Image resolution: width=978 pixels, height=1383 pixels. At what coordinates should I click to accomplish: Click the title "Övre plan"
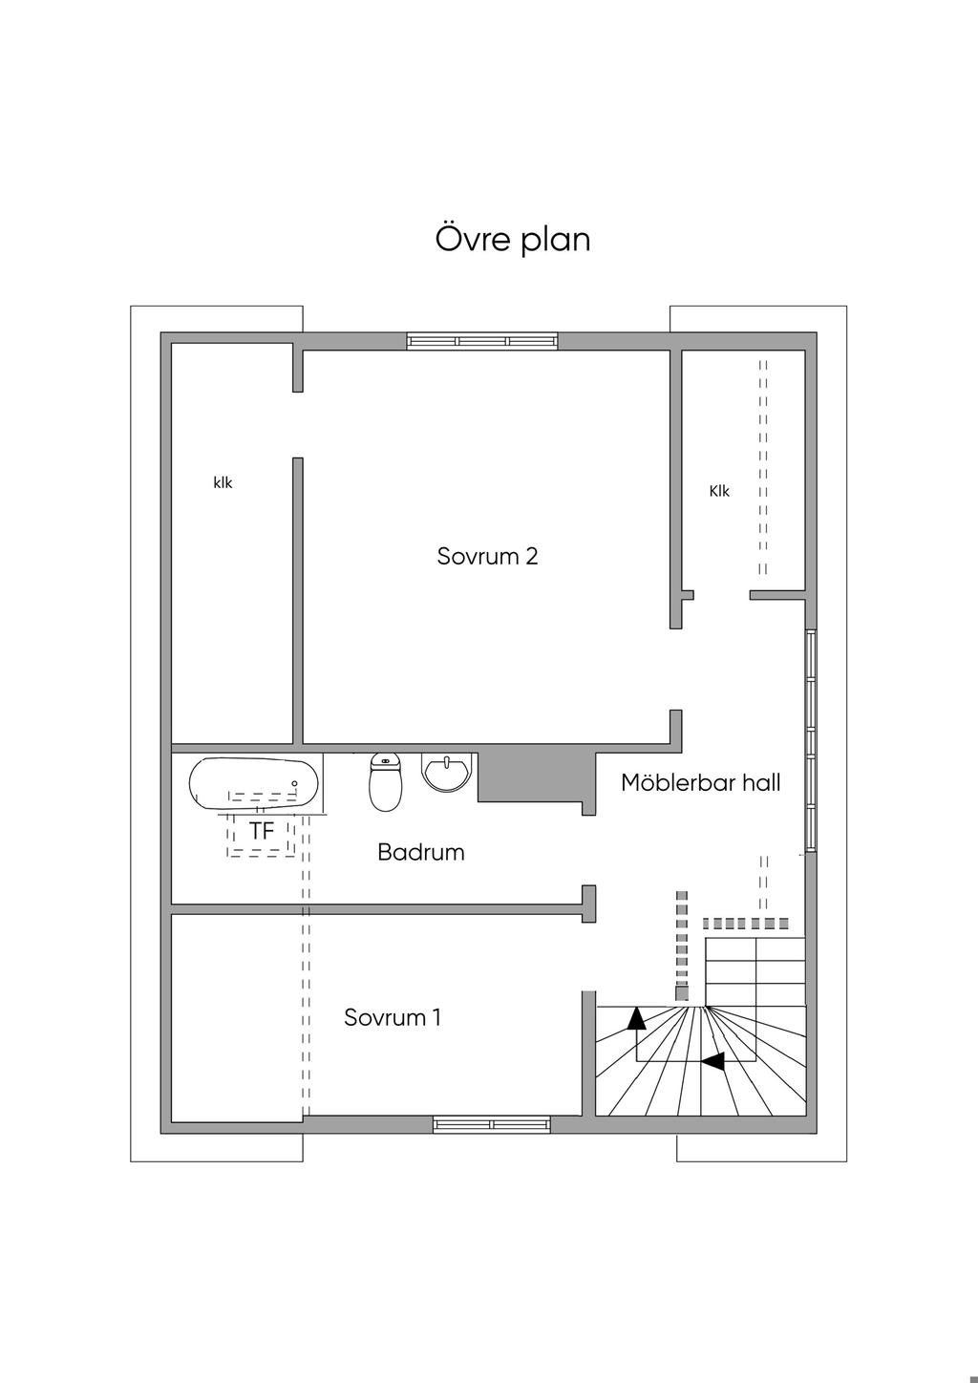pyautogui.click(x=513, y=240)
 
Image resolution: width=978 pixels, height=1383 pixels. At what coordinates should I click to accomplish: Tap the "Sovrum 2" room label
pyautogui.click(x=487, y=556)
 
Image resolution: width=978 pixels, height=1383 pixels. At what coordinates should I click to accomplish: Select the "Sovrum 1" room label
pyautogui.click(x=393, y=1017)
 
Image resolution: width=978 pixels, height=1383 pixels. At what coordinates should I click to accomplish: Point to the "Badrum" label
pyautogui.click(x=421, y=852)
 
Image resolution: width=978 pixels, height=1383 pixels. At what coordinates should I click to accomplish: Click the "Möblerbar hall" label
pyautogui.click(x=701, y=782)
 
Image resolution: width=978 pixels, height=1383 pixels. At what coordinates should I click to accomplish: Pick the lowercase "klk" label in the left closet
pyautogui.click(x=223, y=482)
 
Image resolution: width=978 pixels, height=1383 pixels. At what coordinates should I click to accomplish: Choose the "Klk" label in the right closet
pyautogui.click(x=719, y=491)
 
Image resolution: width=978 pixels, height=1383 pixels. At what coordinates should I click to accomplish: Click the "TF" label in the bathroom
pyautogui.click(x=261, y=831)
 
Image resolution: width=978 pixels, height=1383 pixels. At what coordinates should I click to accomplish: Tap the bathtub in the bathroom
pyautogui.click(x=254, y=783)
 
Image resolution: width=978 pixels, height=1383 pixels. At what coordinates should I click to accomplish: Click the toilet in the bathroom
pyautogui.click(x=385, y=782)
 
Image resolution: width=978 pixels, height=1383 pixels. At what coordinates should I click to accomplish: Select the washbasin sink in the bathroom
pyautogui.click(x=448, y=772)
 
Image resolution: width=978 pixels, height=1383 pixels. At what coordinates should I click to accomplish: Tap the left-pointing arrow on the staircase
pyautogui.click(x=713, y=1061)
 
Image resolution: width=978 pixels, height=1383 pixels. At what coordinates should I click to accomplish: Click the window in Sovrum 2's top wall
pyautogui.click(x=482, y=341)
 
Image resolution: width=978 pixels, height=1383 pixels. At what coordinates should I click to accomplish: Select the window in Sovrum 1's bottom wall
pyautogui.click(x=492, y=1124)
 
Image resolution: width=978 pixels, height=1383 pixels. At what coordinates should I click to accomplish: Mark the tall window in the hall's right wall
pyautogui.click(x=811, y=741)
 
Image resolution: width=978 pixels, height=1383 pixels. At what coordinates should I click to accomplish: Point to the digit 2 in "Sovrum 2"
pyautogui.click(x=532, y=556)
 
